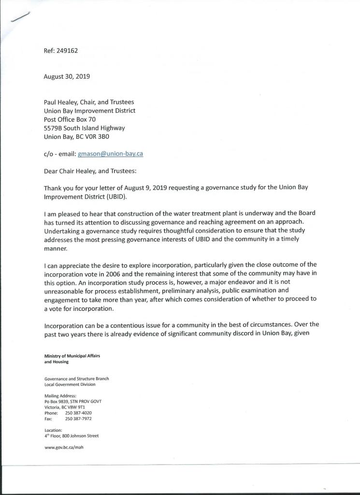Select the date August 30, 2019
pos(67,76)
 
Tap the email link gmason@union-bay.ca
pos(110,154)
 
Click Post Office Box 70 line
pos(70,119)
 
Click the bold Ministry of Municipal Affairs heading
pos(72,356)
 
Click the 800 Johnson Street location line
pos(72,436)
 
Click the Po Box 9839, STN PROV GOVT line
pos(72,402)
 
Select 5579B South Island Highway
pos(84,128)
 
